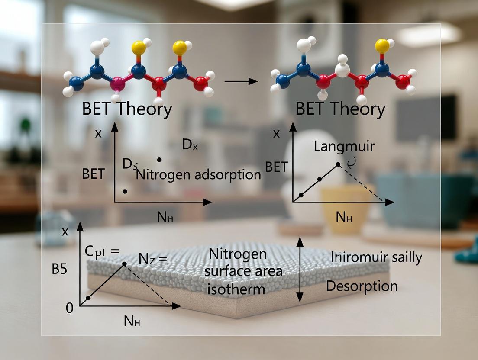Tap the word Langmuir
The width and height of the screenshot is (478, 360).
344,146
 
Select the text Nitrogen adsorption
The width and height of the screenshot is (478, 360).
198,175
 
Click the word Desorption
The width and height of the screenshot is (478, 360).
362,286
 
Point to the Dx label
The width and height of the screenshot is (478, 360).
190,145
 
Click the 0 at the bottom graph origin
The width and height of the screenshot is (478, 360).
69,309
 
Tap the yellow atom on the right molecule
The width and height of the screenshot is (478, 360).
381,45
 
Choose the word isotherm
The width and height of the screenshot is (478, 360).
236,288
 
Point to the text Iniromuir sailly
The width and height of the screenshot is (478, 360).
376,257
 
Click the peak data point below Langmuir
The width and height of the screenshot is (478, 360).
338,164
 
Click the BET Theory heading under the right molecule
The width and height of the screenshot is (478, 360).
340,109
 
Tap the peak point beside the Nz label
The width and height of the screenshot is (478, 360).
124,264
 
